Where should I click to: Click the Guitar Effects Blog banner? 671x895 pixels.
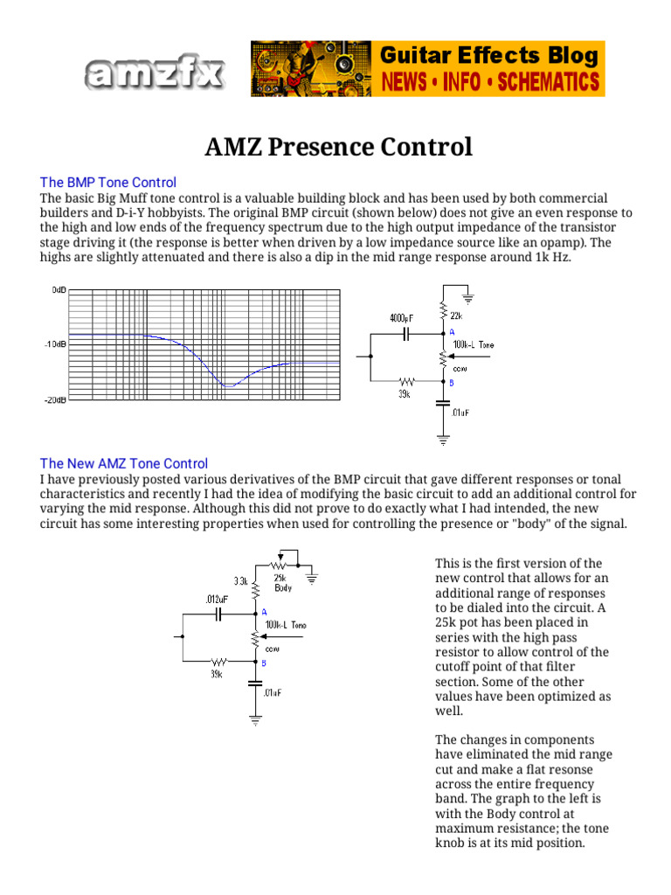(x=428, y=68)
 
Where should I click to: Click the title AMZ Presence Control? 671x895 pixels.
(x=338, y=147)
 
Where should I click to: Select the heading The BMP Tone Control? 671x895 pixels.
(x=108, y=183)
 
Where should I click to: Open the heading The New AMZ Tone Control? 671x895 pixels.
(x=124, y=464)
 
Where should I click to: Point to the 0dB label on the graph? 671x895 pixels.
(x=59, y=288)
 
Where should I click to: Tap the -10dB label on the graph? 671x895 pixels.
(x=54, y=344)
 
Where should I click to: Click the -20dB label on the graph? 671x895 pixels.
(x=54, y=399)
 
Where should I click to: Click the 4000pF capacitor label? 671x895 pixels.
(x=404, y=318)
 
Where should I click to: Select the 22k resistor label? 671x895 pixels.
(x=456, y=316)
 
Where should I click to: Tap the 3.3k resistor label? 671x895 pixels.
(x=240, y=581)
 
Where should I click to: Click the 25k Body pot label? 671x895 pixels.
(x=283, y=583)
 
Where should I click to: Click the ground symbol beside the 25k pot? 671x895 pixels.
(x=313, y=576)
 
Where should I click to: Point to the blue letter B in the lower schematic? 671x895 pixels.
(x=264, y=663)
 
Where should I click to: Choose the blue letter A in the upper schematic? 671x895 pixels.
(x=452, y=333)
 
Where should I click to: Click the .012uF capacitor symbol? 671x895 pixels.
(x=219, y=614)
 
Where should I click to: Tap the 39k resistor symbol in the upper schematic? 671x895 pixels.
(x=406, y=381)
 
